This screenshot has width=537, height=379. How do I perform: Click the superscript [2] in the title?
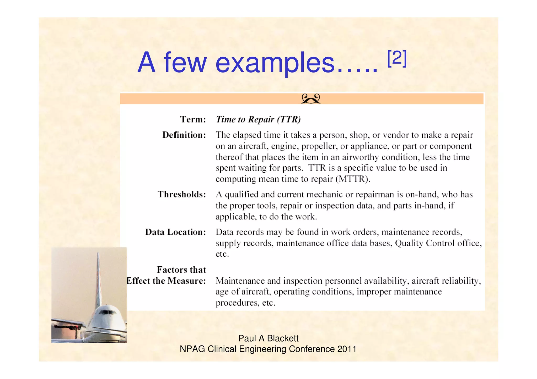coord(397,59)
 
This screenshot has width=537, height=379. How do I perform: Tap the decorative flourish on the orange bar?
coord(311,99)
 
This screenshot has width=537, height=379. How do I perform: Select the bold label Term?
coord(193,119)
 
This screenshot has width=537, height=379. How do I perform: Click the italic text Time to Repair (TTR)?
coord(258,119)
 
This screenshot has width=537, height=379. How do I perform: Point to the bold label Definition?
coord(184,135)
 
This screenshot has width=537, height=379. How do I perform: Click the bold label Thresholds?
coord(181,194)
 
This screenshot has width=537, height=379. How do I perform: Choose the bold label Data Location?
coord(175,232)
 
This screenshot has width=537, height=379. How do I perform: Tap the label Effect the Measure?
coord(166,281)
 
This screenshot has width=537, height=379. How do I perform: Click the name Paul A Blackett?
coord(268,338)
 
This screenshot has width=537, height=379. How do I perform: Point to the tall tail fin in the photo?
coord(98,278)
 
